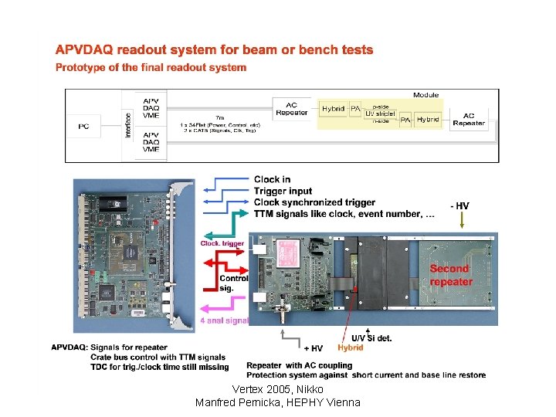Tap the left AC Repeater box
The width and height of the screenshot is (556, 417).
click(x=291, y=110)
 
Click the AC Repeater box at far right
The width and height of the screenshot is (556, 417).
click(x=469, y=119)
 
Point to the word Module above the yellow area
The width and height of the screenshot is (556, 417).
click(x=425, y=96)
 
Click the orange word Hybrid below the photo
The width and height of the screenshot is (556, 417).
click(x=350, y=348)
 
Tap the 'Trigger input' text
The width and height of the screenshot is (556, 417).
click(x=283, y=191)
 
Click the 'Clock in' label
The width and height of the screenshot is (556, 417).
click(x=272, y=180)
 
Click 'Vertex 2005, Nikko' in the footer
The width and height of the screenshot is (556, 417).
click(x=277, y=390)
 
